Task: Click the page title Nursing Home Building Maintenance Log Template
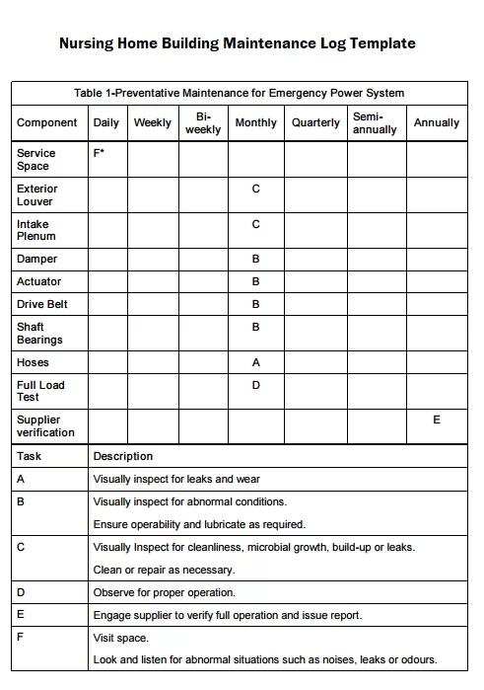[238, 43]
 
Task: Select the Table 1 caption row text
[240, 93]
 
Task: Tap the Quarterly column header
[315, 123]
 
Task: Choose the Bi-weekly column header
[203, 123]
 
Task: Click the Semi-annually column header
[375, 123]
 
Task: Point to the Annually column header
[437, 123]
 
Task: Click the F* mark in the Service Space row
[99, 153]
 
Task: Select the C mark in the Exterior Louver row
[256, 189]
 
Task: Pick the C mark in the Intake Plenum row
[256, 224]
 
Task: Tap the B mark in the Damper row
[256, 259]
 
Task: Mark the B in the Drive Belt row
[256, 304]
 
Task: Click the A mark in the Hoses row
[256, 362]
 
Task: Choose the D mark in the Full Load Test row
[256, 385]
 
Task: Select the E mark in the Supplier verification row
[437, 420]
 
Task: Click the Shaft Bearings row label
[39, 334]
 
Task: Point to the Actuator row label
[38, 281]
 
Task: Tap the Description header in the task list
[123, 456]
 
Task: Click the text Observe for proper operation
[164, 592]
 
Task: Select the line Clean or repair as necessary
[164, 570]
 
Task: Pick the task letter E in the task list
[21, 615]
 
